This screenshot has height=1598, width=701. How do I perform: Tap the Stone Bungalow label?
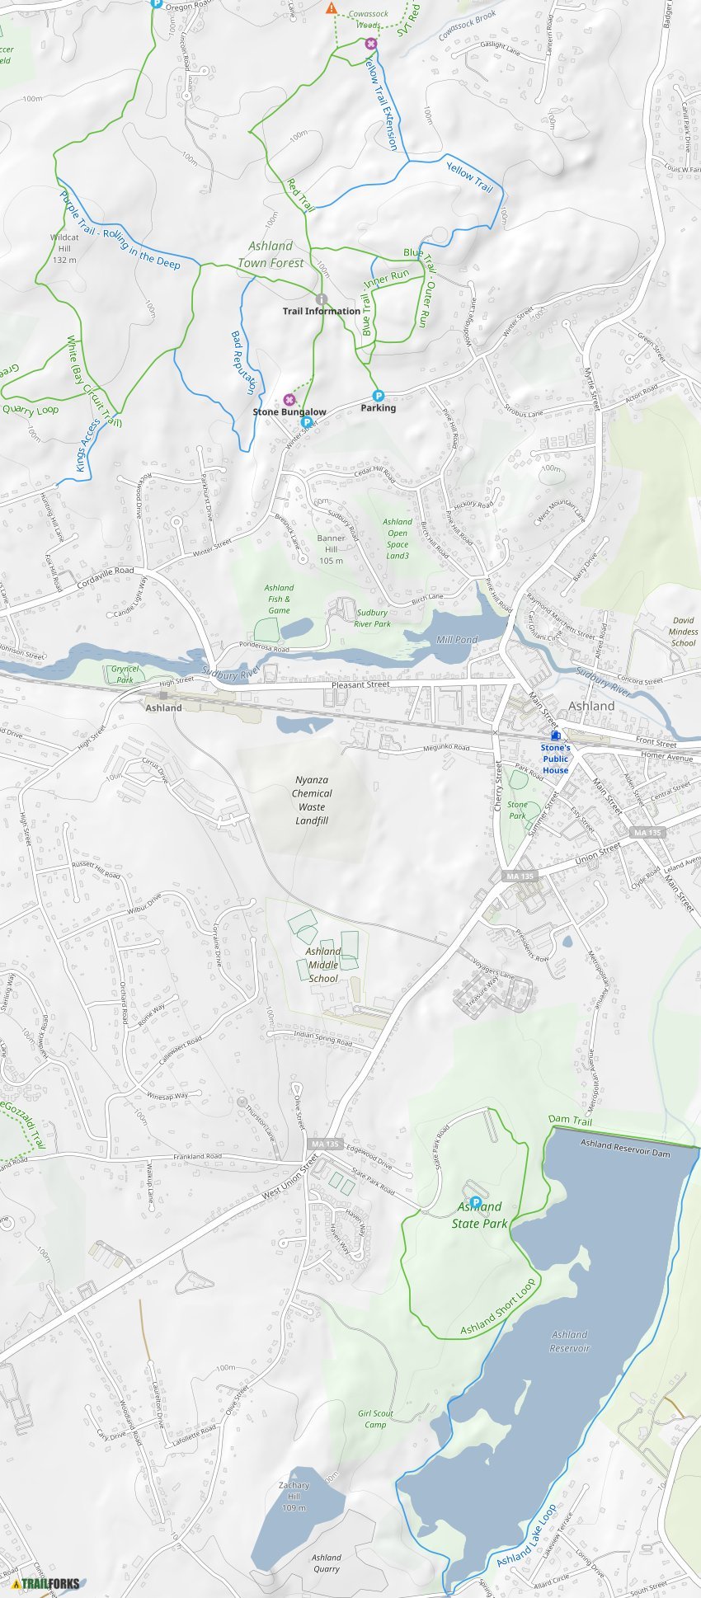click(289, 411)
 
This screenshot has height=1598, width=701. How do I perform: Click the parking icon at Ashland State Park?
click(475, 1202)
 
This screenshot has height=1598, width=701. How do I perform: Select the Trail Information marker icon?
click(322, 299)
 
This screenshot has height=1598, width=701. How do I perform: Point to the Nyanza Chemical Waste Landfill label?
click(312, 800)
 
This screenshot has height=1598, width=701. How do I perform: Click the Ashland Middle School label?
click(323, 965)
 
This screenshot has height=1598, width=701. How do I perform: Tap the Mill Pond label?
click(457, 640)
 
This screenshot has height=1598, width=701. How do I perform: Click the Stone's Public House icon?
click(556, 734)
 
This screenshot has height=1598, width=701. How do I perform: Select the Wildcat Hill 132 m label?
click(64, 248)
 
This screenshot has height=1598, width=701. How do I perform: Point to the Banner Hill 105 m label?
click(331, 549)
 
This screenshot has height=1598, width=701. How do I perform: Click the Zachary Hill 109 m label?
click(294, 1497)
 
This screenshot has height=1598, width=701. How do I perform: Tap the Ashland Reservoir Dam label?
click(625, 1148)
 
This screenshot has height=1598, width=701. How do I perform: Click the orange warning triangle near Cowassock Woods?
click(332, 8)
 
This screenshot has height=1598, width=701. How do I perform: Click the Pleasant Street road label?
click(360, 684)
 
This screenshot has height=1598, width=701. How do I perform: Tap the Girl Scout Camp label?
click(375, 1418)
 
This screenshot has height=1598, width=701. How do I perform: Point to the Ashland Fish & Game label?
click(279, 599)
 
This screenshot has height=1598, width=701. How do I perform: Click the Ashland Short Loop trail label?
click(497, 1307)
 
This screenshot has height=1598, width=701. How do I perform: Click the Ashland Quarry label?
click(327, 1563)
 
